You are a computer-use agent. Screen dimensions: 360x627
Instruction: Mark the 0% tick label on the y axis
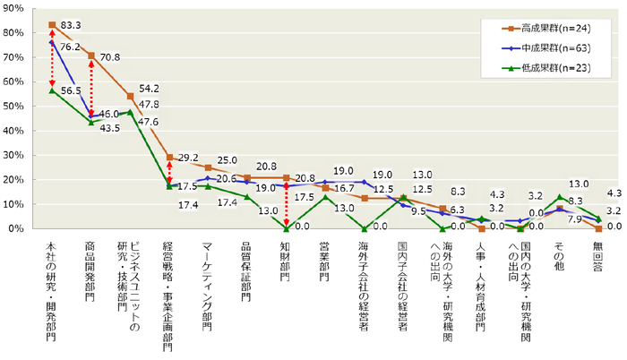click(x=17, y=229)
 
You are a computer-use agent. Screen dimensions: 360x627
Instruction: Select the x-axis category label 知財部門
click(x=286, y=261)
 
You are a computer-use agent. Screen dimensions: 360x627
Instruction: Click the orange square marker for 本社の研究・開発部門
click(x=52, y=25)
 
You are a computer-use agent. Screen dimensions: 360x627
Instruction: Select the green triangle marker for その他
click(x=559, y=197)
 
